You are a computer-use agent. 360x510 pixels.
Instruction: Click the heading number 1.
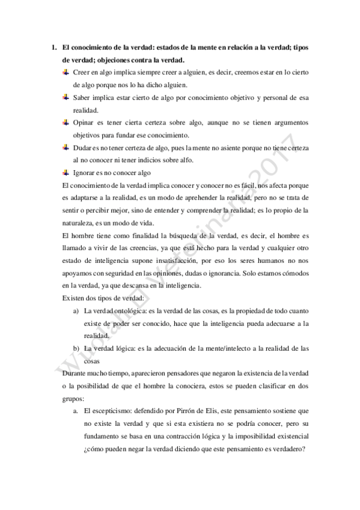coord(53,48)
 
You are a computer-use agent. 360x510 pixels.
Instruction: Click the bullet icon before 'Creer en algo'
coord(66,72)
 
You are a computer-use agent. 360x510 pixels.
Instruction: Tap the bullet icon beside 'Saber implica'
coord(66,97)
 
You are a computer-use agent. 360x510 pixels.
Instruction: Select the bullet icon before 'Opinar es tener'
coord(66,122)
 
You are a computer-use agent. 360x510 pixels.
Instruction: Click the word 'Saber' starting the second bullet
coord(82,97)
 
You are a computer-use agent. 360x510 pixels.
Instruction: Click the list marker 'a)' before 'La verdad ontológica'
coord(76,311)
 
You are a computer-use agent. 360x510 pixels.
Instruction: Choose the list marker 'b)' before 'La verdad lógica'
coord(76,348)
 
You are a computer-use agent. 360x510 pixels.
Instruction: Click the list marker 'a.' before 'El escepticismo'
coord(76,410)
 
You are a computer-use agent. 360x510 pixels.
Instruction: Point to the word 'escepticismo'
coord(112,410)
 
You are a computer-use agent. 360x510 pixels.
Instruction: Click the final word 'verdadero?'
coord(286,448)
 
